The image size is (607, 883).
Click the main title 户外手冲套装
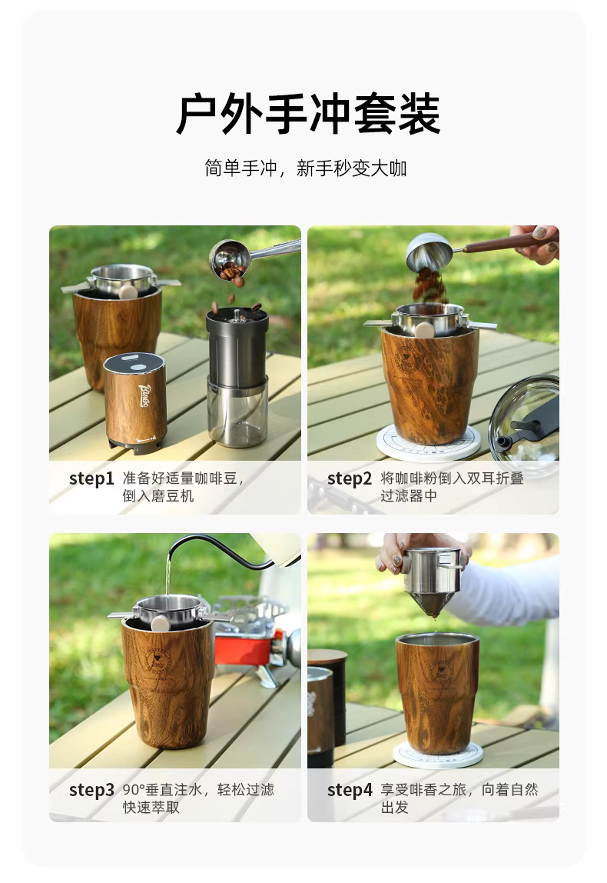[x=307, y=115]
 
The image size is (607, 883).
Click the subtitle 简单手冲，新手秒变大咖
[x=306, y=168]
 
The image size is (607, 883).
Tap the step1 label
[x=91, y=478]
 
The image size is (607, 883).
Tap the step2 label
[x=350, y=478]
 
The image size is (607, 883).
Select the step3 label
[x=91, y=790]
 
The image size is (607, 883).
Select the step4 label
[x=350, y=790]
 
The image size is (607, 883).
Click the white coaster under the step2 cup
[x=429, y=442]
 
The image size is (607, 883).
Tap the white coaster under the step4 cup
[x=438, y=755]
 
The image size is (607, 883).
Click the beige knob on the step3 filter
[x=161, y=624]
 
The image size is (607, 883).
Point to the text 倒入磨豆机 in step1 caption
[x=158, y=496]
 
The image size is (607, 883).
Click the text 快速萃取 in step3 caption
[x=151, y=808]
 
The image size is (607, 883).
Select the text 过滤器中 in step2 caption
[x=409, y=496]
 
